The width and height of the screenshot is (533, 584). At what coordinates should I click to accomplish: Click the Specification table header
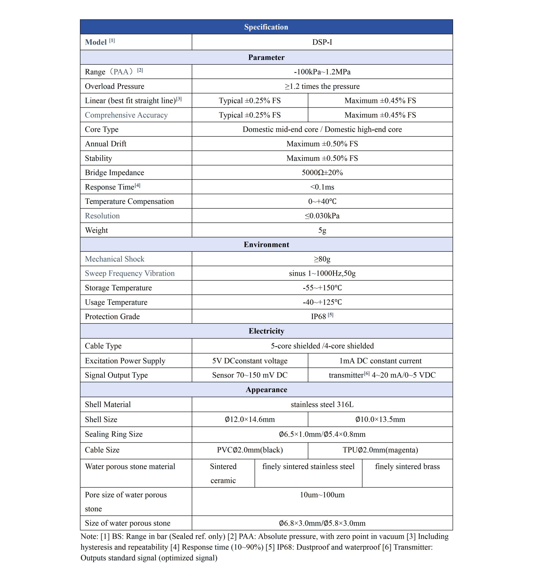coord(266,27)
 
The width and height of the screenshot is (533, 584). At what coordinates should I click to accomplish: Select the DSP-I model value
coord(322,42)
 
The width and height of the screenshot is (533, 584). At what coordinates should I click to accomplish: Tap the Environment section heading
coord(266,244)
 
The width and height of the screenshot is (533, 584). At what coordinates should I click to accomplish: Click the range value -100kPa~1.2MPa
coord(322,72)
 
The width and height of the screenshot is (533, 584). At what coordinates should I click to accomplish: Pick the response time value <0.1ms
coord(322,187)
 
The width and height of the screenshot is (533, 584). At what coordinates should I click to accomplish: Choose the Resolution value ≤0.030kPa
coord(322,216)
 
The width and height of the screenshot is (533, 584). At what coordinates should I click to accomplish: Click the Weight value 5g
coord(322,230)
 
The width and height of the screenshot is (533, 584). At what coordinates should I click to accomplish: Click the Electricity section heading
coord(266,331)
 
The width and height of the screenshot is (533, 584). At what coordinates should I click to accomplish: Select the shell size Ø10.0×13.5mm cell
coord(380,419)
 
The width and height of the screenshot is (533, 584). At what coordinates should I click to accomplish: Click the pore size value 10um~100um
coord(322,495)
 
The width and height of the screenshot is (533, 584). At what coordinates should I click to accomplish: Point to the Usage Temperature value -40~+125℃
coord(322,302)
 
